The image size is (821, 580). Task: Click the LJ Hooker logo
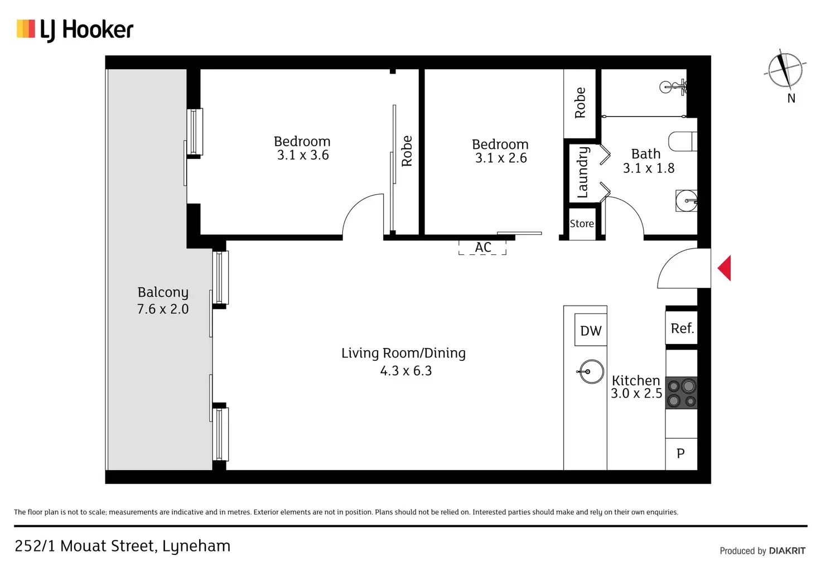[x=75, y=30]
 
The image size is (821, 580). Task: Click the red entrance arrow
[x=724, y=268]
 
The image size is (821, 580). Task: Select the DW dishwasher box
[x=591, y=330]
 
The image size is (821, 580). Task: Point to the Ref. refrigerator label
[x=682, y=328]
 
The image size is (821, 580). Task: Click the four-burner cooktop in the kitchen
[x=682, y=393]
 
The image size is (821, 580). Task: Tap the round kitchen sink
[x=591, y=371]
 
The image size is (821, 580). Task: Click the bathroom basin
[x=687, y=200]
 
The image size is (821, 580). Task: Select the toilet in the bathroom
[x=683, y=141]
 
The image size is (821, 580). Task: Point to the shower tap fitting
[x=673, y=87]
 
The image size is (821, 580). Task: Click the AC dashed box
[x=482, y=247]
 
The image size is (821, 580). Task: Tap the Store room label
[x=582, y=224]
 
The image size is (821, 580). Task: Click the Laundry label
[x=582, y=172]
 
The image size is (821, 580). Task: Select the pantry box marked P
[x=682, y=454]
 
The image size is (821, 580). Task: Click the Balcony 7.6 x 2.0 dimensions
[x=163, y=309]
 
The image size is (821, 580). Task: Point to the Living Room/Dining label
[x=404, y=353]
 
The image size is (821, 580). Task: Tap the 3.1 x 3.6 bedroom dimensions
[x=303, y=155]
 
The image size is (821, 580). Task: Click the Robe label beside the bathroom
[x=580, y=103]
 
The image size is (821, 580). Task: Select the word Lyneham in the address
[x=196, y=547]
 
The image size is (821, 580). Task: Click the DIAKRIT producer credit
[x=788, y=550]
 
